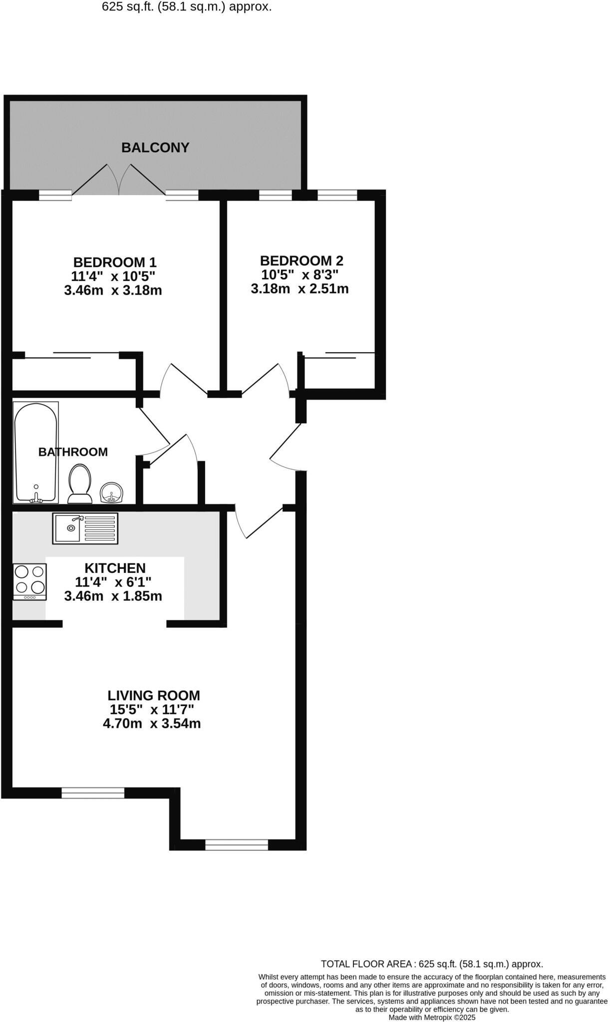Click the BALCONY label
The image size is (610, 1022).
click(x=155, y=148)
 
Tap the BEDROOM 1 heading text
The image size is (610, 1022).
click(x=115, y=262)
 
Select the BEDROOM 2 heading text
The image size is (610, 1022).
click(x=302, y=260)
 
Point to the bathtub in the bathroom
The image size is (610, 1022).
click(x=35, y=452)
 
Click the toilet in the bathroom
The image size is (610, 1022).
click(x=80, y=484)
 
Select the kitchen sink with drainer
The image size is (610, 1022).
click(x=85, y=528)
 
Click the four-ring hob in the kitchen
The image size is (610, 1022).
click(x=30, y=581)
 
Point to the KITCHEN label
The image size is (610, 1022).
click(x=115, y=568)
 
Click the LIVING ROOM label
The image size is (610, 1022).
click(x=154, y=695)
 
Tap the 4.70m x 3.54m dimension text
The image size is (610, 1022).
click(x=152, y=723)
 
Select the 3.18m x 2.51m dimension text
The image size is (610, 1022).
click(x=300, y=288)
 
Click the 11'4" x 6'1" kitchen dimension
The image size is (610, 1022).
click(x=113, y=582)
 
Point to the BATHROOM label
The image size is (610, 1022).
click(x=73, y=452)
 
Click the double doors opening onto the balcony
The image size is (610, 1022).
click(x=119, y=180)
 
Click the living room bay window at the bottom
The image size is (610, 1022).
click(x=237, y=844)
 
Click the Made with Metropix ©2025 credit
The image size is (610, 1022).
click(x=432, y=1017)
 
